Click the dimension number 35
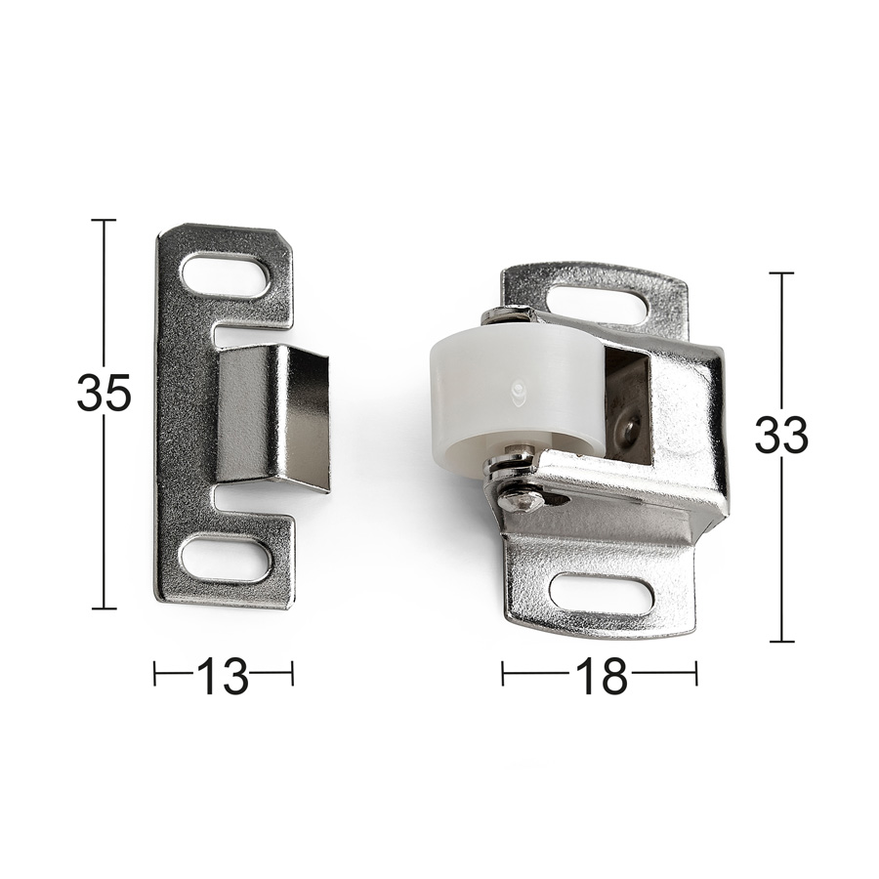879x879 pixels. (x=104, y=392)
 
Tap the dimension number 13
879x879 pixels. (x=223, y=676)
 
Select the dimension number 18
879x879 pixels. (x=600, y=676)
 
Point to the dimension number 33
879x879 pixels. (x=781, y=435)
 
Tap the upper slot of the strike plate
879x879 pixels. (x=225, y=274)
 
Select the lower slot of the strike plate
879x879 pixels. (x=226, y=558)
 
